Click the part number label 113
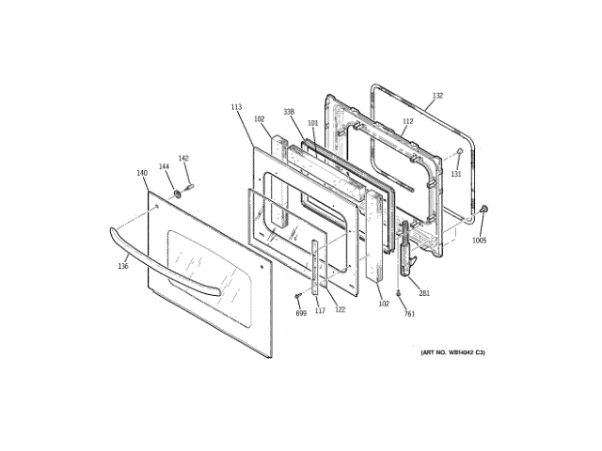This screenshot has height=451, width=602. point(236,107)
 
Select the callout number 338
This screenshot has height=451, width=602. point(290,112)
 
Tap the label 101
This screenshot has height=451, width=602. point(313,123)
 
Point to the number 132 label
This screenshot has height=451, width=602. point(437,96)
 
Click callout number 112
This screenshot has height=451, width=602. point(407,120)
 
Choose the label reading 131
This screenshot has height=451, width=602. point(455,174)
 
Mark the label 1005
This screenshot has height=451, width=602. point(480,241)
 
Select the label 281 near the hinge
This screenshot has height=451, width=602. point(424,293)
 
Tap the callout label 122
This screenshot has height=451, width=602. point(341,310)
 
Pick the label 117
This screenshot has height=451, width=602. point(320,311)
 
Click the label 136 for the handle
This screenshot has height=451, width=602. point(123,267)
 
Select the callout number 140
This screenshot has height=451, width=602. point(142,173)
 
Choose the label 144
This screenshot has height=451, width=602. point(164,166)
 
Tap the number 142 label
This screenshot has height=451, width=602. point(183,159)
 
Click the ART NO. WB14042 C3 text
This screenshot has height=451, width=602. point(452,352)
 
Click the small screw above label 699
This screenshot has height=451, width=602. point(299,296)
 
